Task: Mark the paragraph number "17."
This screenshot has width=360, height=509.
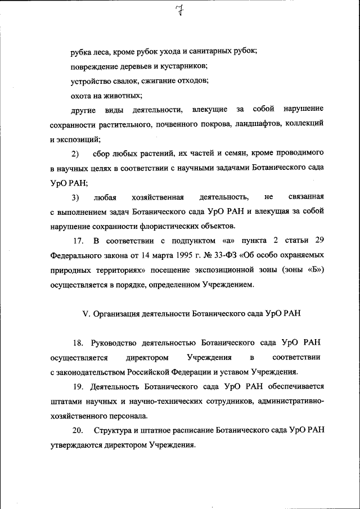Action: (78, 241)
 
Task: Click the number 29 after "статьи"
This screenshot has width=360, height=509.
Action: (319, 241)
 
